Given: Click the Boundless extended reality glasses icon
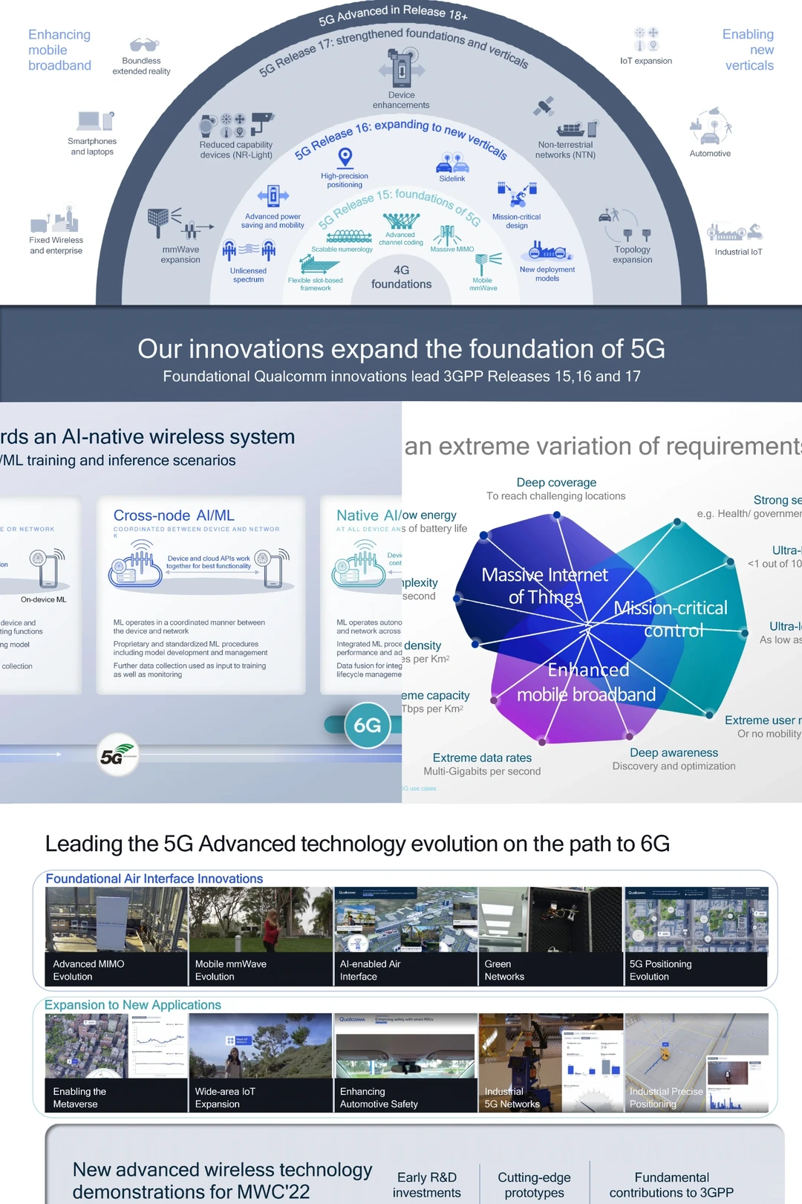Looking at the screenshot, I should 144,45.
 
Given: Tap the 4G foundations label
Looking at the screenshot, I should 401,277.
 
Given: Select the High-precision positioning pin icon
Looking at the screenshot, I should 345,157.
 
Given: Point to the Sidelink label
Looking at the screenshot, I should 451,178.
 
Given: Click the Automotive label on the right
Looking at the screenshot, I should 710,154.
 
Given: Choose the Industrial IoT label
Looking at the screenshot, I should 738,252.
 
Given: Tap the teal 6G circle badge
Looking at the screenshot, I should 368,726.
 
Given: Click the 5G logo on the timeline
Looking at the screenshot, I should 117,755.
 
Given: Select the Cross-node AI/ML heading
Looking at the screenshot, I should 174,515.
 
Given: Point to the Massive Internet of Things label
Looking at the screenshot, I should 544,586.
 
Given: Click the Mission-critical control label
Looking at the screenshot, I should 671,619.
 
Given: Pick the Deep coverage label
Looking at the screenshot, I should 556,483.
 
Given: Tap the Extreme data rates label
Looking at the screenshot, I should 482,758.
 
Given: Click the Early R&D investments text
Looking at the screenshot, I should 426,1185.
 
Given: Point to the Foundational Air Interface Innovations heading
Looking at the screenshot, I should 154,879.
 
